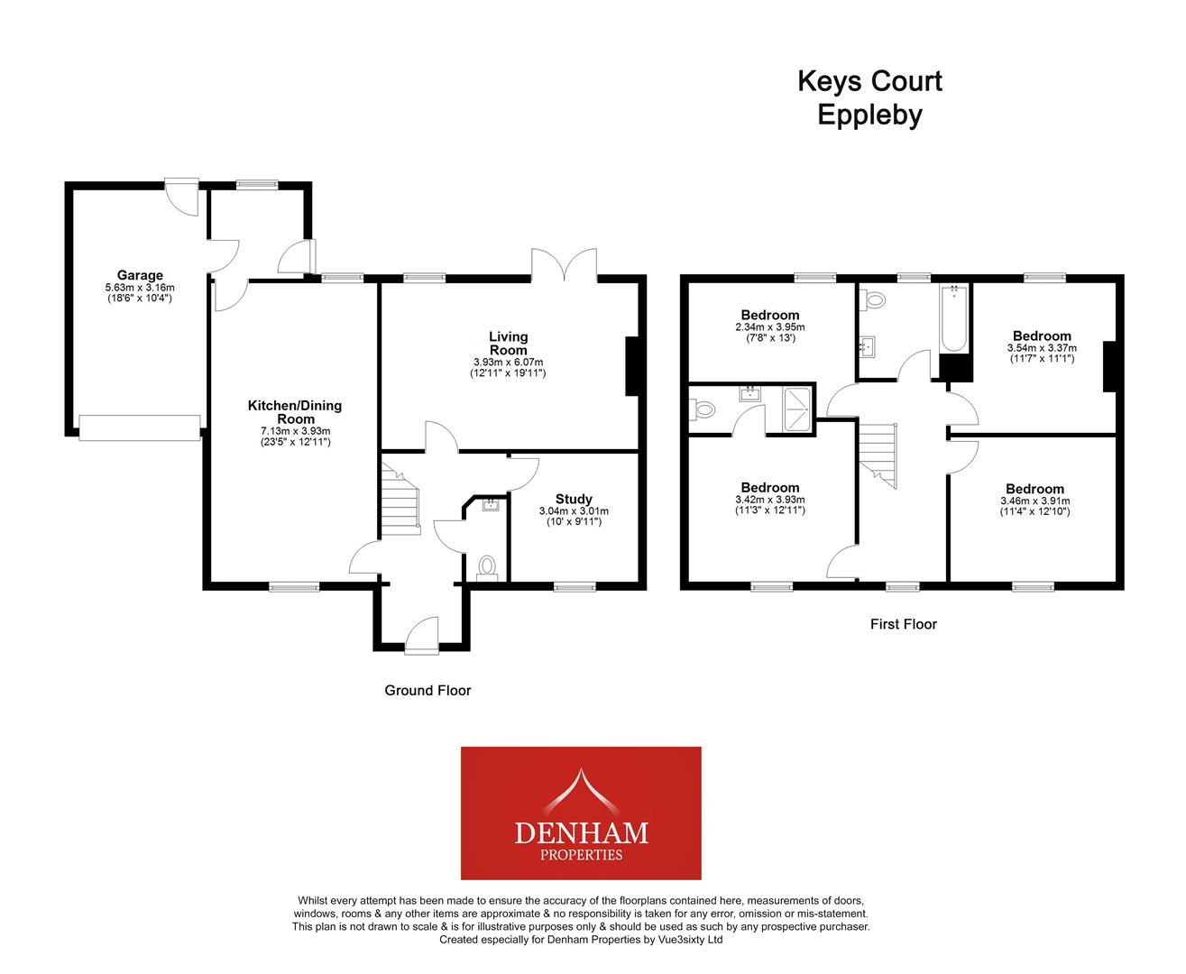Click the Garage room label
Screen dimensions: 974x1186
pyautogui.click(x=140, y=275)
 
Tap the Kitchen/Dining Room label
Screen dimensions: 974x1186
pyautogui.click(x=295, y=412)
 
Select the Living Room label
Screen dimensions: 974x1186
pyautogui.click(x=508, y=343)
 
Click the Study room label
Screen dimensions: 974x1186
pyautogui.click(x=574, y=499)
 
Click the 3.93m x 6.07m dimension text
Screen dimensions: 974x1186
pyautogui.click(x=508, y=362)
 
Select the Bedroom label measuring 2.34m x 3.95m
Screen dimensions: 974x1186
pyautogui.click(x=770, y=315)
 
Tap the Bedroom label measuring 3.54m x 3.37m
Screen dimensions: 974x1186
pyautogui.click(x=1042, y=335)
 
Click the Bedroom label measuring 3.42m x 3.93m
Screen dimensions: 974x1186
pyautogui.click(x=770, y=487)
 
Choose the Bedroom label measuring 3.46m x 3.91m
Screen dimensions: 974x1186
pyautogui.click(x=1034, y=489)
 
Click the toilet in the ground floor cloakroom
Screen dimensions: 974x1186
pyautogui.click(x=487, y=567)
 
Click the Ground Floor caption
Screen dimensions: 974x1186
pyautogui.click(x=428, y=691)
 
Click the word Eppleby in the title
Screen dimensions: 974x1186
pyautogui.click(x=869, y=115)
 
